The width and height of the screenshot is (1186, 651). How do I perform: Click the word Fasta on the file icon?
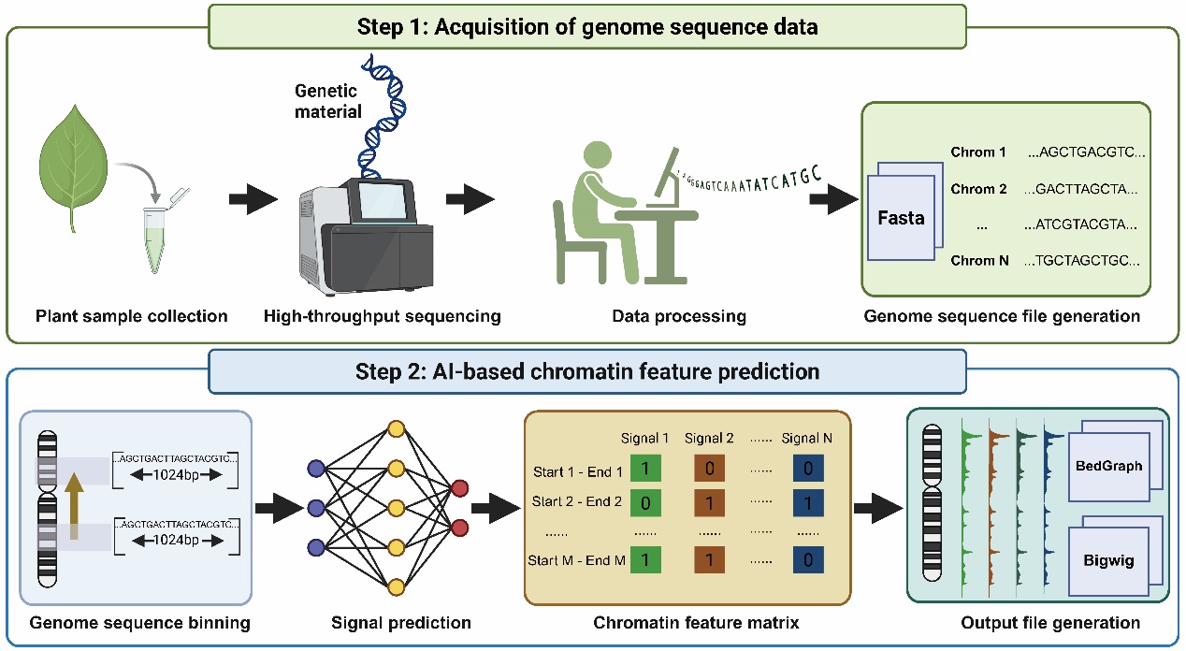pos(902,218)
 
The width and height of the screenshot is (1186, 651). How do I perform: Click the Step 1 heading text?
pos(587,26)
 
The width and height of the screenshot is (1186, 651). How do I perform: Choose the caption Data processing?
pos(678,316)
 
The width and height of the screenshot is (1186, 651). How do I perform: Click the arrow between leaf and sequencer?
pos(253,199)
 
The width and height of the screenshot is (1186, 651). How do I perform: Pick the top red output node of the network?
pos(461,487)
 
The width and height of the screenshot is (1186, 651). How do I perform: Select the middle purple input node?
pos(315,509)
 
